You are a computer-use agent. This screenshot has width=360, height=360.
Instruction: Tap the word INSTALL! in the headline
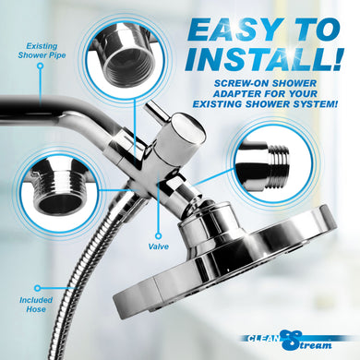coord(263,59)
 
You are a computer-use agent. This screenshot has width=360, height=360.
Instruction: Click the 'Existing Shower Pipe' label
coord(42,51)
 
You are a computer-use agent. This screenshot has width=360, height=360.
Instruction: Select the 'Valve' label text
coord(159,246)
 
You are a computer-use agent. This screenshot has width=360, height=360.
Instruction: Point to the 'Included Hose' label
coord(36,305)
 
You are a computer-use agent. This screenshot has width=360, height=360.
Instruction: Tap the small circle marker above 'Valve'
coord(159,236)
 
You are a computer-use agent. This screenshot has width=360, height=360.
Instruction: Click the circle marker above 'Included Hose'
coord(38,288)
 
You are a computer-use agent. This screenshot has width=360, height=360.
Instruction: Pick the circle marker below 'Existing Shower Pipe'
coord(41,66)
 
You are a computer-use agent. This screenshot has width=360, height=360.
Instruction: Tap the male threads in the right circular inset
coord(279,166)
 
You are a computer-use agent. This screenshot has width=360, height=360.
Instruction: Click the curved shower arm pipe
coord(62,113)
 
